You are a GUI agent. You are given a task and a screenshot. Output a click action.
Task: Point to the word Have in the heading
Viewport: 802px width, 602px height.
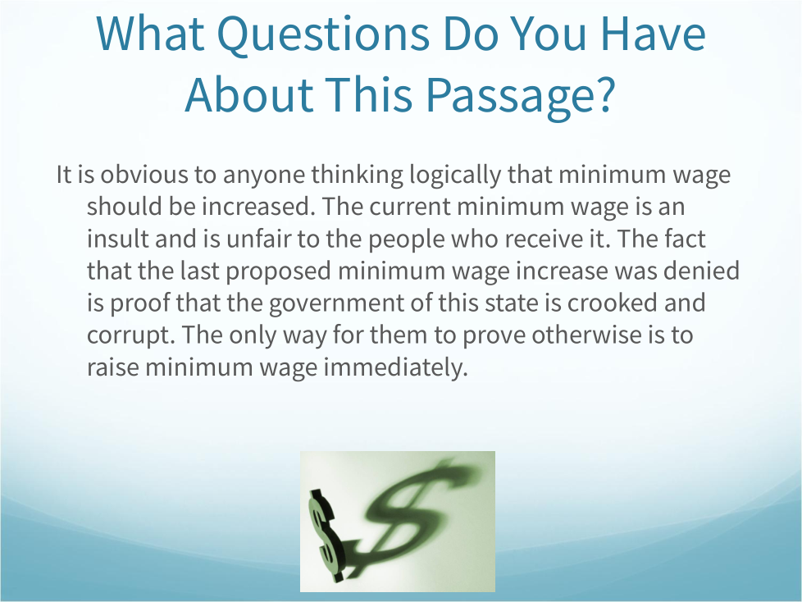coord(652,33)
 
